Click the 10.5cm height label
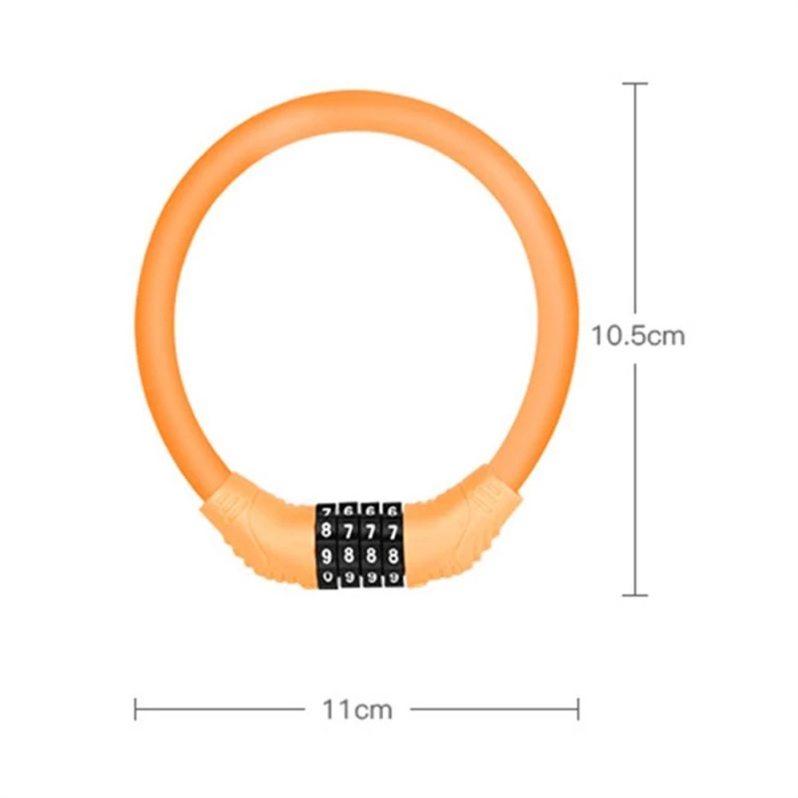click(638, 335)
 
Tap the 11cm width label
click(357, 709)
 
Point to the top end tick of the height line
click(635, 84)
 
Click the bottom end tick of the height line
click(635, 595)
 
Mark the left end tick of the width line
click(136, 709)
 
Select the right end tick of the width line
click(578, 709)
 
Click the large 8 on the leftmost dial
click(326, 529)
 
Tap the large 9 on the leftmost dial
click(326, 555)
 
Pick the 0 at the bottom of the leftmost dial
click(326, 576)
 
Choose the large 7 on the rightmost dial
click(392, 530)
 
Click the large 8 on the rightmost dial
click(392, 554)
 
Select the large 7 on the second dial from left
click(348, 530)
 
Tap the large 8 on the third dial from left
click(370, 554)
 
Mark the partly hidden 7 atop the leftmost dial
click(326, 510)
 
